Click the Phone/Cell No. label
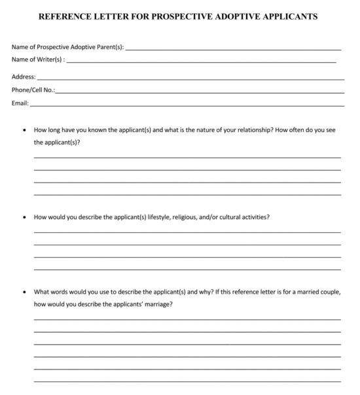click(33, 90)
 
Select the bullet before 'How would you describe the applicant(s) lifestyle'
click(24, 217)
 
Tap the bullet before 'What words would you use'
click(24, 292)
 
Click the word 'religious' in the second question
click(190, 217)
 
